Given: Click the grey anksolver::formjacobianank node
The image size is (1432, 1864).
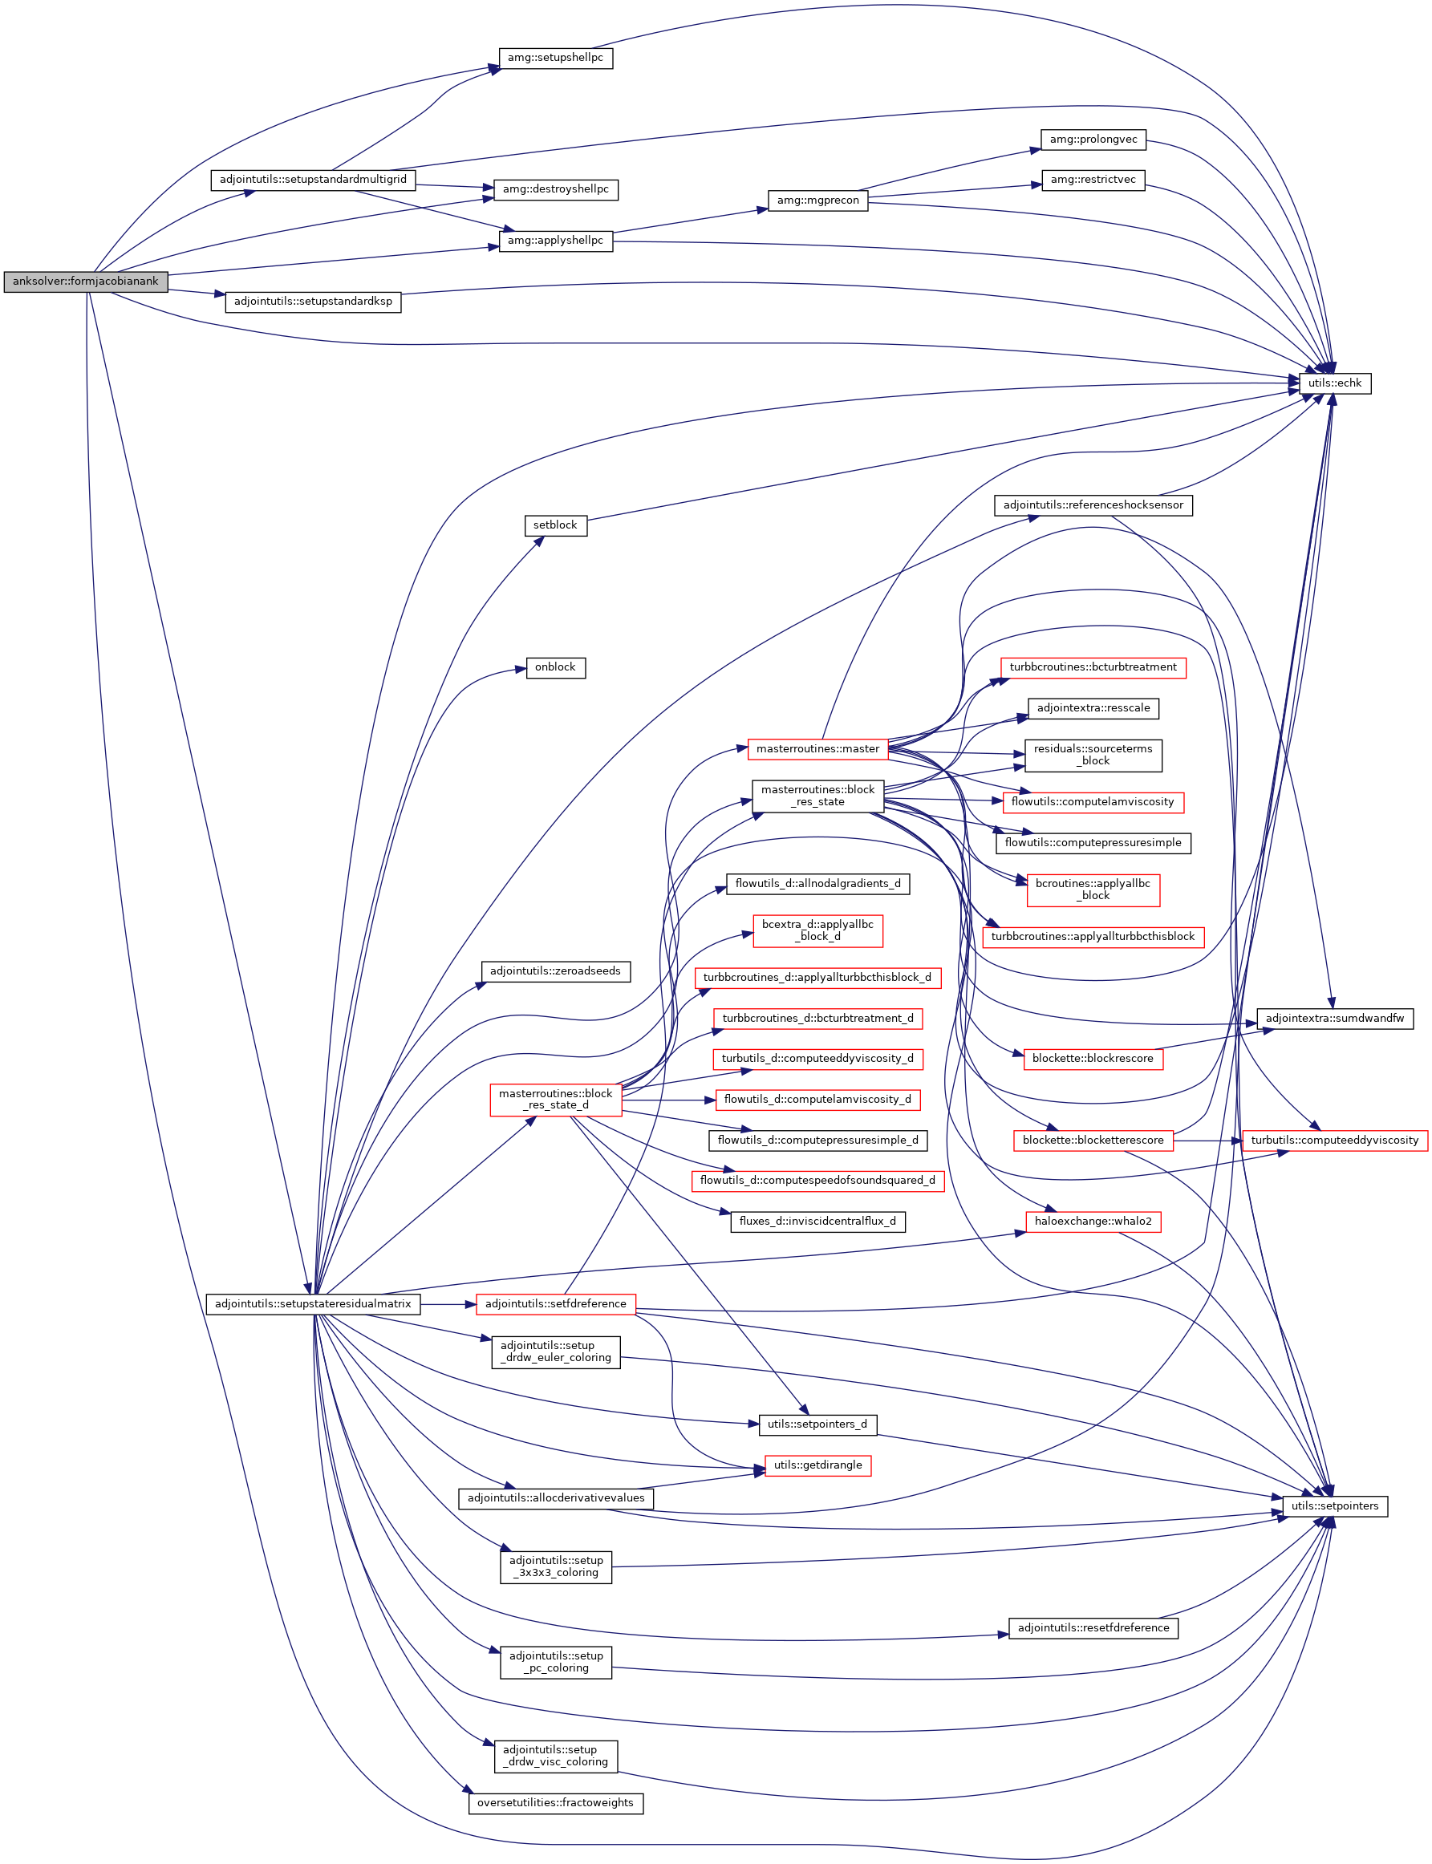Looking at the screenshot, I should pos(85,282).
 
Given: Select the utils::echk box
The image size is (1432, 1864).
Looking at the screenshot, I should pos(1334,383).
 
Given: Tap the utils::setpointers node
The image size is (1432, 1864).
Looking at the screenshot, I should pos(1334,1506).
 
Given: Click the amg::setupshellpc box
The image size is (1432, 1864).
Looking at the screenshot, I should pos(555,58).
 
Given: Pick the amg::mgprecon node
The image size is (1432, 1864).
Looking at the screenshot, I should pos(817,201).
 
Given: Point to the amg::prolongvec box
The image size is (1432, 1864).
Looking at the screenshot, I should pos(1093,139).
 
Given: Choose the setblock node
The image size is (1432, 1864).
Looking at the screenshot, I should pos(555,525).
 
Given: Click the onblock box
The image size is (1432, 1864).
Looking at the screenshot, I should pos(555,667).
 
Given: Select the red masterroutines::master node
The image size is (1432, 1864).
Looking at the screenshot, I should pos(817,749).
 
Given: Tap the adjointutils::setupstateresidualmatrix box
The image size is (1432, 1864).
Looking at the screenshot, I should pos(313,1304).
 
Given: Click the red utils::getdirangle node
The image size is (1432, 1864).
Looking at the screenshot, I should pos(817,1465).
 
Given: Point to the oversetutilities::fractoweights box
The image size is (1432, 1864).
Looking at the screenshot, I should pos(555,1802).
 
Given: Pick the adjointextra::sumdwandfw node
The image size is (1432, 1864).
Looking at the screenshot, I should pos(1334,1019).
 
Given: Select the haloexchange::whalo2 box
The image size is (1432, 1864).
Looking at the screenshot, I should pos(1093,1222).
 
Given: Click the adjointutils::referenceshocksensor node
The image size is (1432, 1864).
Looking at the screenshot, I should pos(1093,505).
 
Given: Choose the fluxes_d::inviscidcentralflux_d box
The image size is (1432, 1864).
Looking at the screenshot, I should pos(817,1222).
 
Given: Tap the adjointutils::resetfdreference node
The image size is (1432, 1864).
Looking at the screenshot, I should pos(1093,1628).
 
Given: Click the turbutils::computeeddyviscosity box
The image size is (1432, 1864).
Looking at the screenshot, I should pos(1334,1141).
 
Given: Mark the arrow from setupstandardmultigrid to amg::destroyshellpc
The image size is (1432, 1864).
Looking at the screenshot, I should pos(455,186).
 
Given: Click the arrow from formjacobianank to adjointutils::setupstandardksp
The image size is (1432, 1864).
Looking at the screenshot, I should pos(197,294).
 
